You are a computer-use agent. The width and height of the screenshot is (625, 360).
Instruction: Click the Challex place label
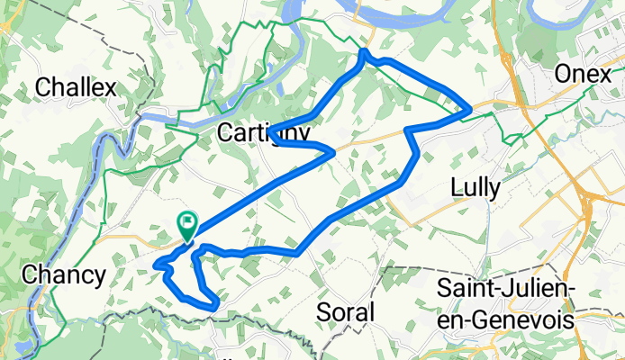click(77, 88)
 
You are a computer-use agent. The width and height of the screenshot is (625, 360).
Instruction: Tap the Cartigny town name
click(264, 132)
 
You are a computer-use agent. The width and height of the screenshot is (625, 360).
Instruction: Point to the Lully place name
click(479, 186)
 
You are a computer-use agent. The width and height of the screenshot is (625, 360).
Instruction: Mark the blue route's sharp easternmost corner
click(470, 111)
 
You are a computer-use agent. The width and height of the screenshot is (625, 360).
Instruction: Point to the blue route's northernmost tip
click(363, 53)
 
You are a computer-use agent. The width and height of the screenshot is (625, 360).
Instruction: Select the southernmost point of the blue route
click(214, 306)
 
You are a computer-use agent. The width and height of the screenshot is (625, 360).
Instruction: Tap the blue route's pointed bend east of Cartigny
click(334, 153)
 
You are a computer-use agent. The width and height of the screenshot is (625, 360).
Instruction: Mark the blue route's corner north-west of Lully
click(409, 130)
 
